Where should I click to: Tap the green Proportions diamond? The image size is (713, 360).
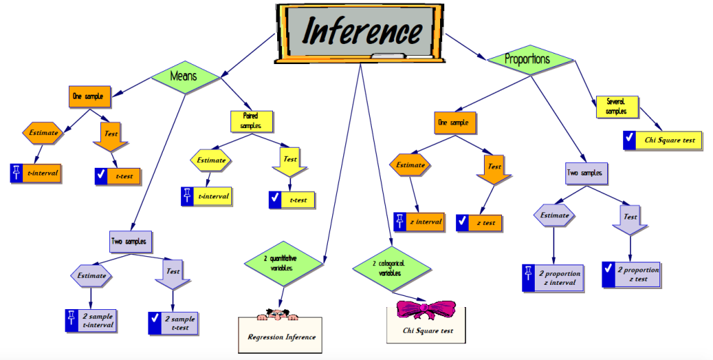526,59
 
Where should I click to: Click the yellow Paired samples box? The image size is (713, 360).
251,120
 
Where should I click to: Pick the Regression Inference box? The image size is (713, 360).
281,336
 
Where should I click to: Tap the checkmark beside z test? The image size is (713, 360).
462,222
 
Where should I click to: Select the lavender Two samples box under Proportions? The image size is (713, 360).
584,172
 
